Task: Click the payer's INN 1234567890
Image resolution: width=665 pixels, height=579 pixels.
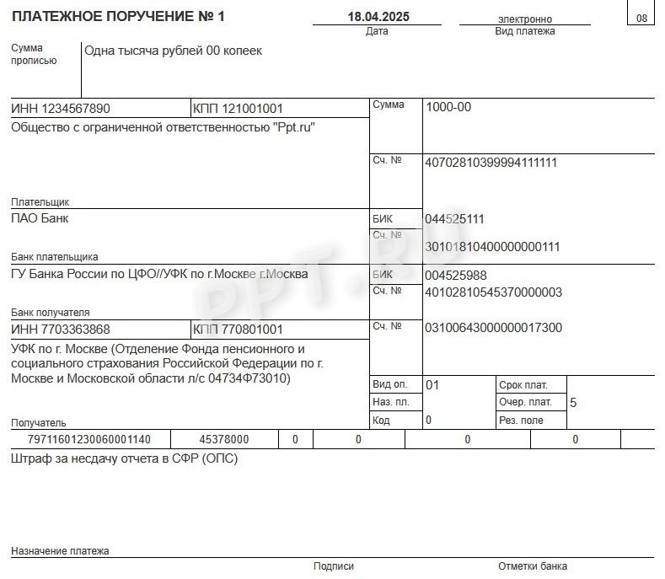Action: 61,109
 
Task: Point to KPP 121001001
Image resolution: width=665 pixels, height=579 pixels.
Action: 238,109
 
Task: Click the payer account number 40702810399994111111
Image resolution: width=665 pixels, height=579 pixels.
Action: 491,163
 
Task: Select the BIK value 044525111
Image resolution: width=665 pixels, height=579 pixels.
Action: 454,219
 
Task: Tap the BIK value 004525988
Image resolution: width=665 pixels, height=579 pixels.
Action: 456,276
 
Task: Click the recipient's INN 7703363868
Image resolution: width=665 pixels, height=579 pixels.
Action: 61,330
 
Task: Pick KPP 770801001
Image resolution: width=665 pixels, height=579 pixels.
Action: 238,330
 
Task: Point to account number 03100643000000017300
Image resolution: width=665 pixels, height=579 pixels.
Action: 493,328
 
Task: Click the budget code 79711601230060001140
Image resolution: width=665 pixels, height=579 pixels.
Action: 88,439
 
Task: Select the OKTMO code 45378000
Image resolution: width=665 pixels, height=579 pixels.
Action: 223,439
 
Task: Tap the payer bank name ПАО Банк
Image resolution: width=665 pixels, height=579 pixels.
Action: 40,218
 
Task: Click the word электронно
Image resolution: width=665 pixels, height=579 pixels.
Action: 525,19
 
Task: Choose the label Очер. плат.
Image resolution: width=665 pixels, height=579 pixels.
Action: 525,402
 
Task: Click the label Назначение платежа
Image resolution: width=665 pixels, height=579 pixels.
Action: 60,551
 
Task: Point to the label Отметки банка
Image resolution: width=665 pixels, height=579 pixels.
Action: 532,566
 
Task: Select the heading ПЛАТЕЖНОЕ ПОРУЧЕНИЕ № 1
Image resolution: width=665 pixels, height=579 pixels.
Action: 118,17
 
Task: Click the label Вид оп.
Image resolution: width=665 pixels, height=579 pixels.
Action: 389,384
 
